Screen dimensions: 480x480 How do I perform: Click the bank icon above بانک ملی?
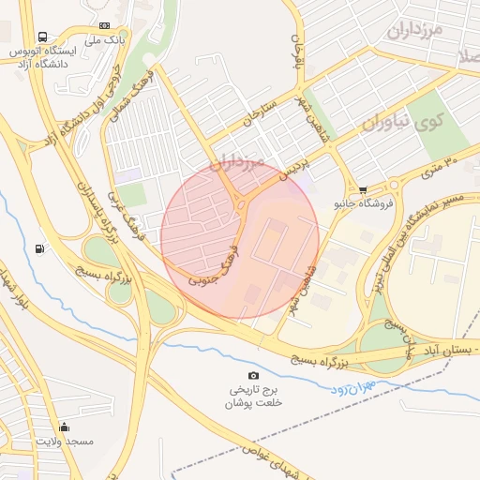pos(104,25)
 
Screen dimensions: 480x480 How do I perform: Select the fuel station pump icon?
pos(39,249)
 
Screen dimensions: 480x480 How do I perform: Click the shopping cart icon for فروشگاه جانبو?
pos(363,189)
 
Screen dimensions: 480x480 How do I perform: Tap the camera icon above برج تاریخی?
pos(253,375)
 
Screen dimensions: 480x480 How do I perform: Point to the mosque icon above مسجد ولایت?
pos(64,427)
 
